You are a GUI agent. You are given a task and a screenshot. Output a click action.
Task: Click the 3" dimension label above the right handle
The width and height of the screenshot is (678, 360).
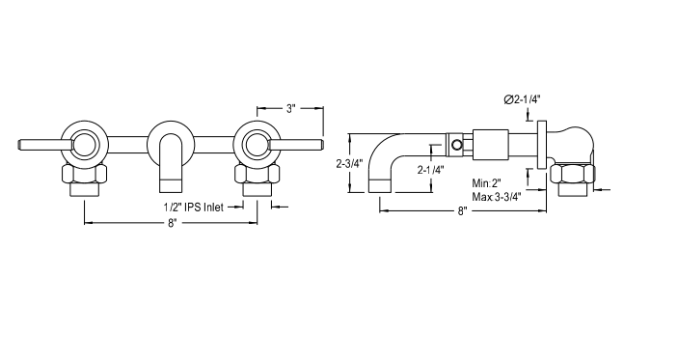[x=290, y=109]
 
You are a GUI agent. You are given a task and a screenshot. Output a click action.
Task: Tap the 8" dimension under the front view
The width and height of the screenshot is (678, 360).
[x=173, y=223]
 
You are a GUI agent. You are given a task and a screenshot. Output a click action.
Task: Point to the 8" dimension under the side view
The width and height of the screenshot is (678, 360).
[x=462, y=210]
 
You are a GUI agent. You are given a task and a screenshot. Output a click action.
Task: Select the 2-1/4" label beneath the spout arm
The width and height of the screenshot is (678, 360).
[x=429, y=170]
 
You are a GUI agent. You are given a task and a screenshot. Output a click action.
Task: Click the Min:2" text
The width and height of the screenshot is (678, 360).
[x=488, y=182]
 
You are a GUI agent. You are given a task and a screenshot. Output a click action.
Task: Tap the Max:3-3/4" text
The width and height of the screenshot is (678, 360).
[x=497, y=196]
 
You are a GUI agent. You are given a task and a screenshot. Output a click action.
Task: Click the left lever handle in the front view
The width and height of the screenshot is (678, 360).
[x=43, y=146]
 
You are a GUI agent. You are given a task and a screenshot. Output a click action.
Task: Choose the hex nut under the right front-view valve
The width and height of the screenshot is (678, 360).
[x=257, y=175]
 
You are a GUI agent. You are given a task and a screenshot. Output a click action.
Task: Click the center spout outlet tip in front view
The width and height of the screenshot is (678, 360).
[x=171, y=182]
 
